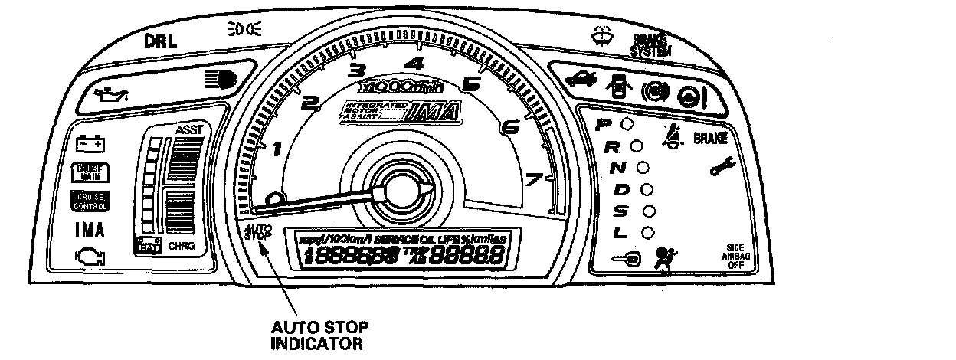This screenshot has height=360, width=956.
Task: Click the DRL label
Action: pyautogui.click(x=161, y=42)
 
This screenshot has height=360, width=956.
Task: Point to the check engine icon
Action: pyautogui.click(x=90, y=255)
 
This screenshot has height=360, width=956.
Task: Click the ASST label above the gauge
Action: pyautogui.click(x=190, y=129)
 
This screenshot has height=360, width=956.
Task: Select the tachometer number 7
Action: pyautogui.click(x=534, y=180)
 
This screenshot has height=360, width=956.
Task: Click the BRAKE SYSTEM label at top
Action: pyautogui.click(x=650, y=46)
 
